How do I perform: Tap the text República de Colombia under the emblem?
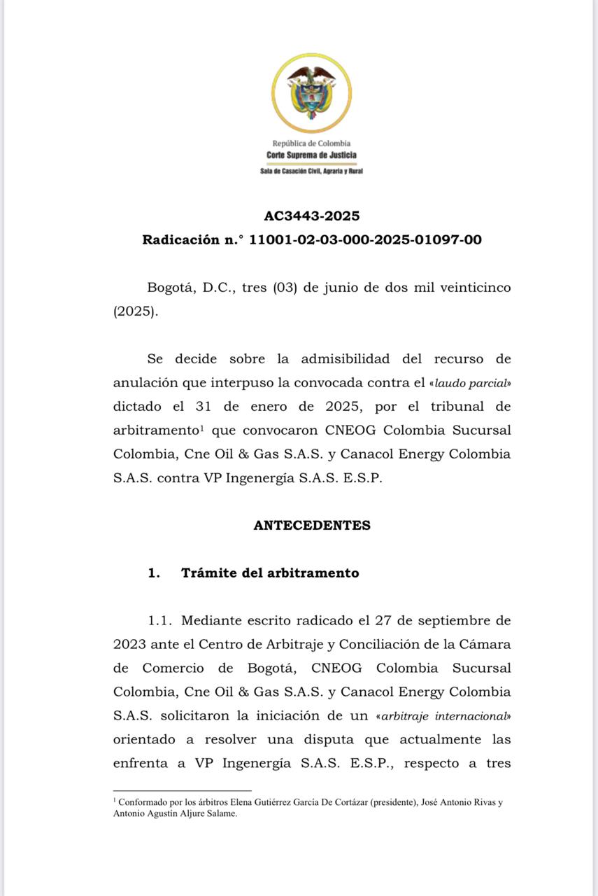(x=311, y=143)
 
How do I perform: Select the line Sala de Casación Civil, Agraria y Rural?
(x=311, y=171)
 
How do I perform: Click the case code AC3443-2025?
(x=311, y=216)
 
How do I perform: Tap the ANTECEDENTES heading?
(x=311, y=525)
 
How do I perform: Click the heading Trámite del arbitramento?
(x=270, y=573)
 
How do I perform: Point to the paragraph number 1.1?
(x=160, y=620)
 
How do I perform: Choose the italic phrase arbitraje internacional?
(x=458, y=716)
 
